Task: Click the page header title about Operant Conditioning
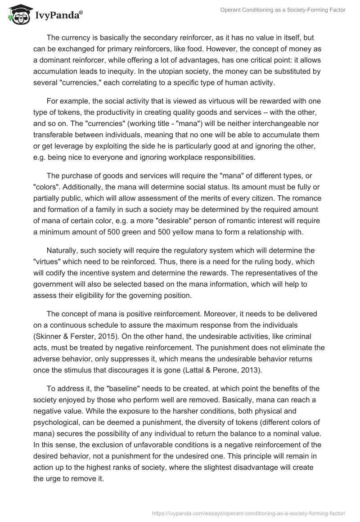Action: (x=283, y=10)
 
